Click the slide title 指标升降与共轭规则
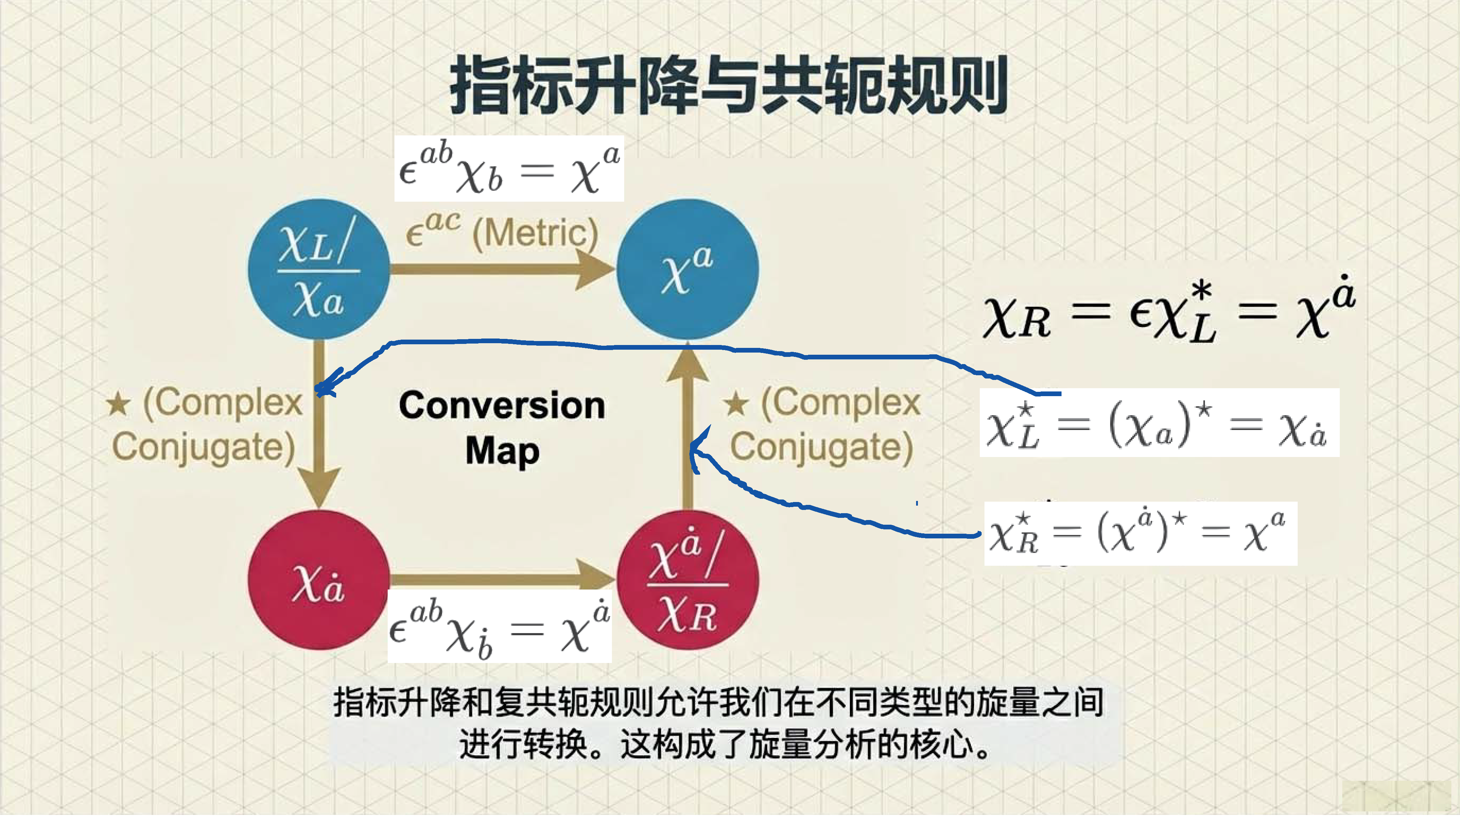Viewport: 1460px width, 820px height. pyautogui.click(x=728, y=85)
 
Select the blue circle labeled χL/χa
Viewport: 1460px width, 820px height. pyautogui.click(x=319, y=269)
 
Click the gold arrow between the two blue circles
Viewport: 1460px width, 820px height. pyautogui.click(x=499, y=269)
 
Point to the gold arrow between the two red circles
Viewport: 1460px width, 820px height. pyautogui.click(x=499, y=578)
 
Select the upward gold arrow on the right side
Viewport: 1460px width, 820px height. pyautogui.click(x=688, y=431)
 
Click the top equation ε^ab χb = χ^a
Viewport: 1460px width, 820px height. pyautogui.click(x=509, y=169)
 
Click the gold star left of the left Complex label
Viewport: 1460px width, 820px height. pyautogui.click(x=118, y=404)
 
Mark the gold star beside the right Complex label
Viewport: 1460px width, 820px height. pyautogui.click(x=736, y=404)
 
